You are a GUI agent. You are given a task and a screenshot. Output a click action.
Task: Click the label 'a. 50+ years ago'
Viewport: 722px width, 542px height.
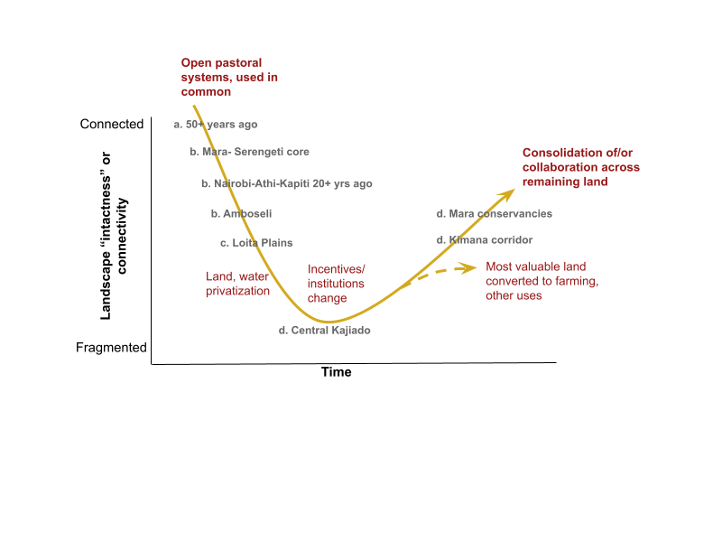click(x=216, y=125)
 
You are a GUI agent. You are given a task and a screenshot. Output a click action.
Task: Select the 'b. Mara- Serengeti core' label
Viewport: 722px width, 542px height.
click(x=249, y=152)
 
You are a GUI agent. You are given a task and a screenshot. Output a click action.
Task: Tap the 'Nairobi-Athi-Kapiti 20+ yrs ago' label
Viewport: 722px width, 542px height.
click(x=292, y=183)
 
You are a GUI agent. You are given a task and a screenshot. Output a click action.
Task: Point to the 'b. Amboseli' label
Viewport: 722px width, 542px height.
click(x=241, y=214)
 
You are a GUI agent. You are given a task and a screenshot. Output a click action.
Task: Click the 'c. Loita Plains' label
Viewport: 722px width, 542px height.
click(x=256, y=243)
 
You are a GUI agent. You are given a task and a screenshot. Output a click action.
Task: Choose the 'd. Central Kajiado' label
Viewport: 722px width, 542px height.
click(x=325, y=331)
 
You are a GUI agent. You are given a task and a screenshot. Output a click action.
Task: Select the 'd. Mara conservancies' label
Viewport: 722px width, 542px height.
click(x=494, y=214)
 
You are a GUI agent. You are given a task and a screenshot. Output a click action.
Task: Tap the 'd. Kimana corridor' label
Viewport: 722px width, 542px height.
click(x=485, y=240)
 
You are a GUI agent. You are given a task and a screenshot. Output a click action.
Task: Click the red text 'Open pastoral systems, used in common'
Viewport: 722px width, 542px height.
click(x=229, y=78)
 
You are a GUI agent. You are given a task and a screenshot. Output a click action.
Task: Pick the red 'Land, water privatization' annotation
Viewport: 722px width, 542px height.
click(x=237, y=284)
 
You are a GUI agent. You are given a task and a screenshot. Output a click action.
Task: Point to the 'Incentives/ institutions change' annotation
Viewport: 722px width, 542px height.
click(x=337, y=284)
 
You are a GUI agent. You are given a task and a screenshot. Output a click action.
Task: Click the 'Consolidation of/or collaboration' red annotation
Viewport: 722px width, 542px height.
click(x=580, y=167)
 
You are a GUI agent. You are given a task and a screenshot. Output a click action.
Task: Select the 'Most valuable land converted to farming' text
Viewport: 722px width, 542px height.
click(x=542, y=281)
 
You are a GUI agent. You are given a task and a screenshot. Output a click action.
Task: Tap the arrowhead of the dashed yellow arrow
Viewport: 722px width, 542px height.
click(x=470, y=266)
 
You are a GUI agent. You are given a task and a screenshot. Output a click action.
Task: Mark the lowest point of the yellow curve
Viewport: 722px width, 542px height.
click(x=329, y=322)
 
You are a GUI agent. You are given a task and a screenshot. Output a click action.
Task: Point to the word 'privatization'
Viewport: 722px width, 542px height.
click(x=237, y=291)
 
